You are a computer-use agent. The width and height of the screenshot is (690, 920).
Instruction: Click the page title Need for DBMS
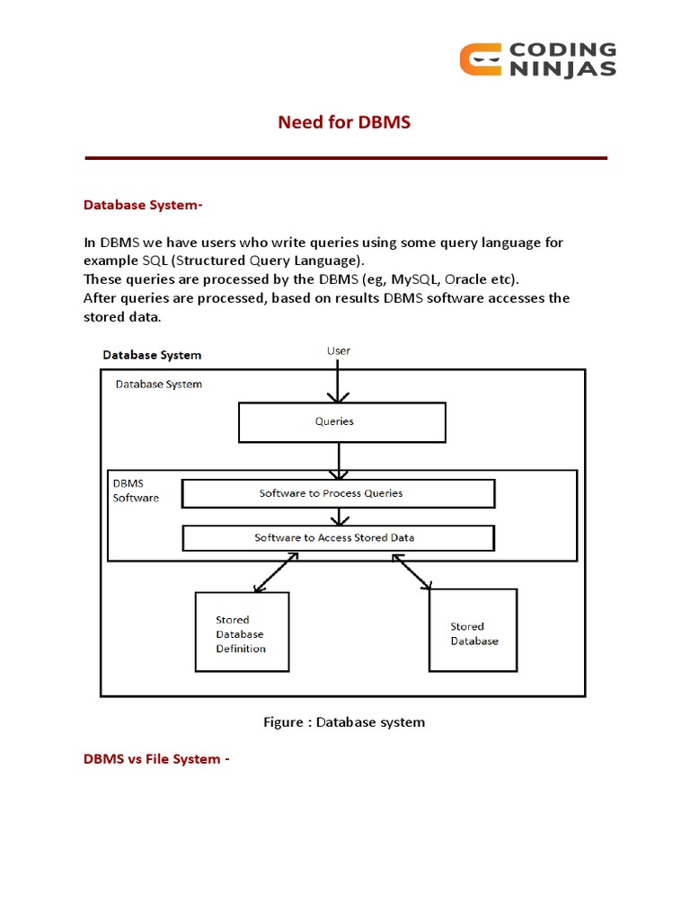344,122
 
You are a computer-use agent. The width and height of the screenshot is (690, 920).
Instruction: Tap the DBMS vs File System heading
156,759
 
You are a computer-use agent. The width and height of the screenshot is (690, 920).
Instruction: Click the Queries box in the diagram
341,421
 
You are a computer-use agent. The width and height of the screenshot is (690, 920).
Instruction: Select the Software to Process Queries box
339,493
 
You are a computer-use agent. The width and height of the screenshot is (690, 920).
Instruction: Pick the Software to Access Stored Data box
338,538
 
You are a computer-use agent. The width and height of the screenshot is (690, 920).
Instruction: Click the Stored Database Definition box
242,632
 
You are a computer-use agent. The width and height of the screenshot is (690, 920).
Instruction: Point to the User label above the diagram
339,351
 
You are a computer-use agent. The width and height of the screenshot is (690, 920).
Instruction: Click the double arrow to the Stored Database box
413,572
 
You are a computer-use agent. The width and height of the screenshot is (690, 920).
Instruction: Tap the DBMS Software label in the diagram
136,491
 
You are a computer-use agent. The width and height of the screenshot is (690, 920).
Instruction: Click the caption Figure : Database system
344,722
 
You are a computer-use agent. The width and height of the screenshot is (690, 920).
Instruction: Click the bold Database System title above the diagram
152,355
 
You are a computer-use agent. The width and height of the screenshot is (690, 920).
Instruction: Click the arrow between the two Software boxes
338,517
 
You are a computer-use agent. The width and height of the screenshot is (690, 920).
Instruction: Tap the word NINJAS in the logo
563,69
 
